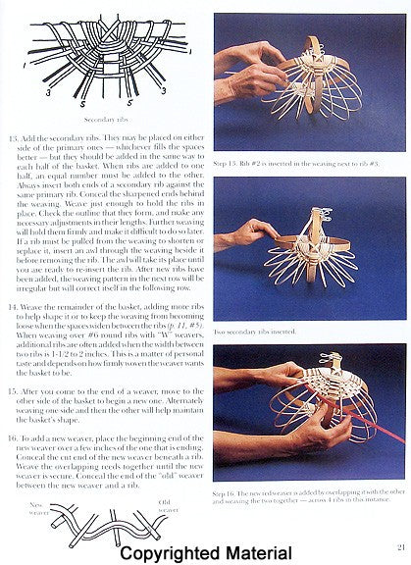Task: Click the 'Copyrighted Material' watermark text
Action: [x=206, y=552]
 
